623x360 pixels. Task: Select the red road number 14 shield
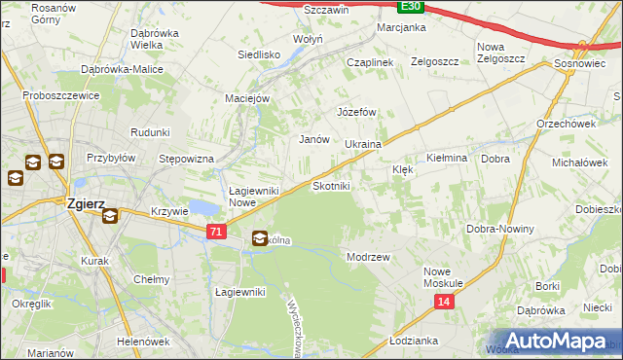[444, 304]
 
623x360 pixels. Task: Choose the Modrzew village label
[368, 257]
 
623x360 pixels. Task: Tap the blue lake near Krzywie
[203, 207]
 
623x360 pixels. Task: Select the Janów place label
[313, 139]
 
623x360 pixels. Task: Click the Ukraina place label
[363, 144]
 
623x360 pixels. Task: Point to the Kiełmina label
[448, 158]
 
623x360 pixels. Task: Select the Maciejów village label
[253, 97]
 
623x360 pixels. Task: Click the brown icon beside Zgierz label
[109, 215]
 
